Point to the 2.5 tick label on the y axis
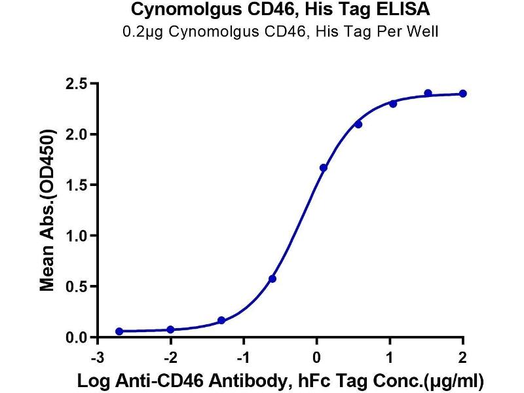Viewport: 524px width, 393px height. tap(77, 84)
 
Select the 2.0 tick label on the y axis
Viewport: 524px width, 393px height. tap(77, 134)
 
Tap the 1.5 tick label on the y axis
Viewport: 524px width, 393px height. tap(77, 185)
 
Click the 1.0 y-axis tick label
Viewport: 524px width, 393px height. tap(77, 236)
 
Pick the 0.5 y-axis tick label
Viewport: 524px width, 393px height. tap(77, 287)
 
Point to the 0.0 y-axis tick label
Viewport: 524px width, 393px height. tap(77, 337)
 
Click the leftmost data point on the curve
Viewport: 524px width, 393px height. tap(119, 331)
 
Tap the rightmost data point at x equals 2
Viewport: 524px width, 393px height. tap(463, 94)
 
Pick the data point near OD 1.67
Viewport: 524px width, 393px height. tap(323, 168)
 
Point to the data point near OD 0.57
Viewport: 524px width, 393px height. tap(272, 279)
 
